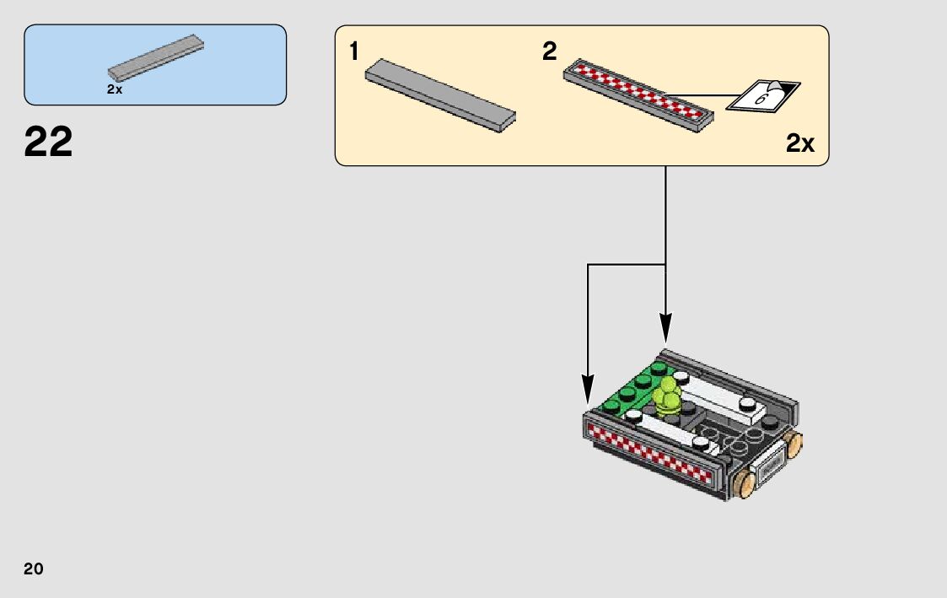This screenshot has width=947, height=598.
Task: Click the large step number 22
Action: (x=48, y=142)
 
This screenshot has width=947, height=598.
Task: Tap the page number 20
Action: (x=34, y=568)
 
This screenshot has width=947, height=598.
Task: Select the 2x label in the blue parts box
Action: (x=115, y=89)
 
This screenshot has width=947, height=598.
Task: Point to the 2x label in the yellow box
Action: (x=799, y=143)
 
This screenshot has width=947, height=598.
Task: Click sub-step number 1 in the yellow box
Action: (x=354, y=51)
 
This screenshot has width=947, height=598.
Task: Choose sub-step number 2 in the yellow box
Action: (x=550, y=51)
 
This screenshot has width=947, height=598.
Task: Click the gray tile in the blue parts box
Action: (x=156, y=58)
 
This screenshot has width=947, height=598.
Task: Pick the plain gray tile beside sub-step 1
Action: (x=440, y=95)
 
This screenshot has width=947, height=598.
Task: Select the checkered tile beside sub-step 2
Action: (x=638, y=95)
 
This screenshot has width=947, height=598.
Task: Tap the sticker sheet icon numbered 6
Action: (x=763, y=95)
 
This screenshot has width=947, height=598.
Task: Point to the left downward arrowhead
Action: (x=588, y=389)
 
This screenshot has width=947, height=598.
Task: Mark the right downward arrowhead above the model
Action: (x=665, y=329)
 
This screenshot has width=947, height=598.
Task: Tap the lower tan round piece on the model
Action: (x=745, y=485)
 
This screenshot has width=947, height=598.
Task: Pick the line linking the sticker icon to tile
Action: (x=702, y=95)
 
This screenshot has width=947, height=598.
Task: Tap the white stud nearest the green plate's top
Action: (x=681, y=378)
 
